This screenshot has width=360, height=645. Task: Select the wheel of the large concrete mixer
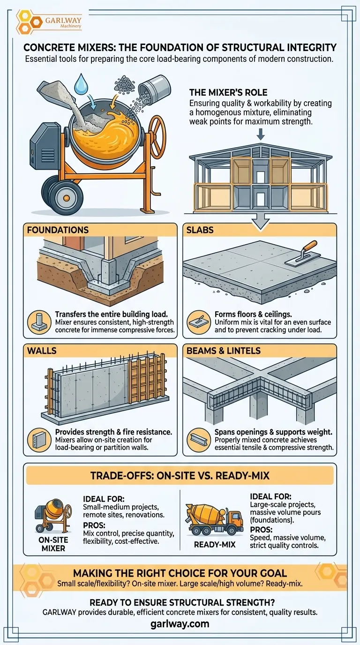[x=66, y=197]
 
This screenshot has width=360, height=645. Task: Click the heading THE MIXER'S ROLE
[x=228, y=92]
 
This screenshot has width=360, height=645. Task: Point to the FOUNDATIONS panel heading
[x=58, y=230]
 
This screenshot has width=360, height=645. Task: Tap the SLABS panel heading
[x=200, y=230]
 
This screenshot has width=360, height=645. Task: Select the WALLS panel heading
[x=42, y=351]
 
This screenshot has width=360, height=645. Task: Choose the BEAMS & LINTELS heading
[x=224, y=351]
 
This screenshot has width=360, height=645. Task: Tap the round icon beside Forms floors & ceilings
[x=199, y=322]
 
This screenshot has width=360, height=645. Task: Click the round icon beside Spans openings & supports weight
[x=199, y=440]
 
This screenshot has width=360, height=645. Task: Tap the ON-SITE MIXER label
[x=53, y=544]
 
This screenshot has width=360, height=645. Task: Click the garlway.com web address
[x=180, y=624]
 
